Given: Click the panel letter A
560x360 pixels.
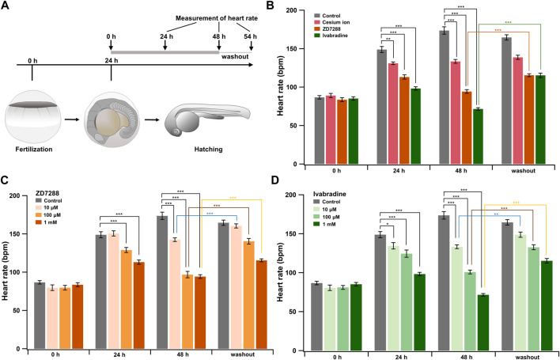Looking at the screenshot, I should (x=6, y=6).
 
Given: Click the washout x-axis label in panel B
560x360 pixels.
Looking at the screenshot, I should (x=517, y=175).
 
